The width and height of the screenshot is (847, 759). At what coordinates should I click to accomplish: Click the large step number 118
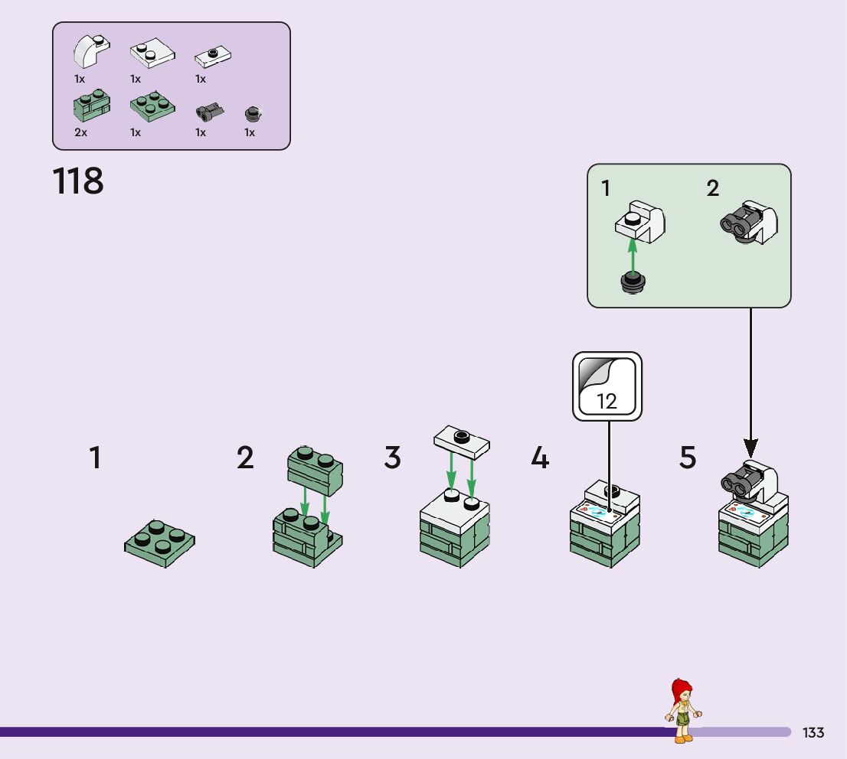pos(78,181)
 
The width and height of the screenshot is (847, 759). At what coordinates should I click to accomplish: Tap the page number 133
pos(813,732)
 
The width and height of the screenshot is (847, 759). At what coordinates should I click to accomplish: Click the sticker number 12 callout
pos(607,386)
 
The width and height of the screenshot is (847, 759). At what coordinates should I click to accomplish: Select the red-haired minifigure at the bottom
pos(683,711)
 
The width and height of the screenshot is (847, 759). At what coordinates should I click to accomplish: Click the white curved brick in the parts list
pos(91,51)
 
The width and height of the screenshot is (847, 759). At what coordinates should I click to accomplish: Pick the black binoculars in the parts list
pos(210,111)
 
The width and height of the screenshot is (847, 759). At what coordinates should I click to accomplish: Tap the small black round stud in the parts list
pos(252,114)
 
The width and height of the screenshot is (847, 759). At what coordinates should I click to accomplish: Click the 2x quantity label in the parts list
pos(80,132)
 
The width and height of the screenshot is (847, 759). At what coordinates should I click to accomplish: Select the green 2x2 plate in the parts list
pos(152,106)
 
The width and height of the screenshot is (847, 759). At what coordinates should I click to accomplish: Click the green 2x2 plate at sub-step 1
pos(159,543)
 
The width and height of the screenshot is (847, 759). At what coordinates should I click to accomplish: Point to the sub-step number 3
pos(392,458)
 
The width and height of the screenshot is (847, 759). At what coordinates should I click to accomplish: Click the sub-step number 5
pos(688,458)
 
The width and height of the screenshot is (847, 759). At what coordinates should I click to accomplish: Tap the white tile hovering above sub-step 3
pos(462,441)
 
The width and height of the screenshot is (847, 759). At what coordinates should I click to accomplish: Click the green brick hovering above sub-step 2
pos(315,471)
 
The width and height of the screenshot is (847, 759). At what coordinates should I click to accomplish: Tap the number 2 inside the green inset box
pos(712,188)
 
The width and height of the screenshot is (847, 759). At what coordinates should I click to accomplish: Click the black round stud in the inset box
pos(633,282)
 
